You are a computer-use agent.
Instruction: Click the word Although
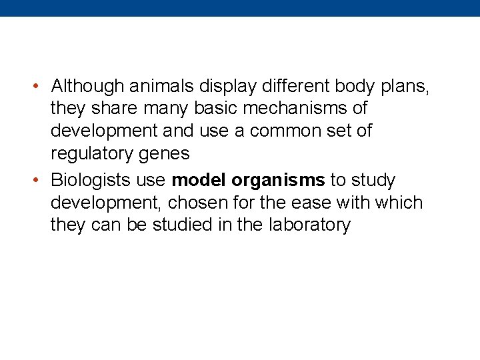88,86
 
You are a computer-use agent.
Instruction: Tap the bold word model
199,180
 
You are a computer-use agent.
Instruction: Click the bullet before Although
38,86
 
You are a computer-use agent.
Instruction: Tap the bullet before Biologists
38,180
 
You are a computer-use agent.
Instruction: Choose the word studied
179,225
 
